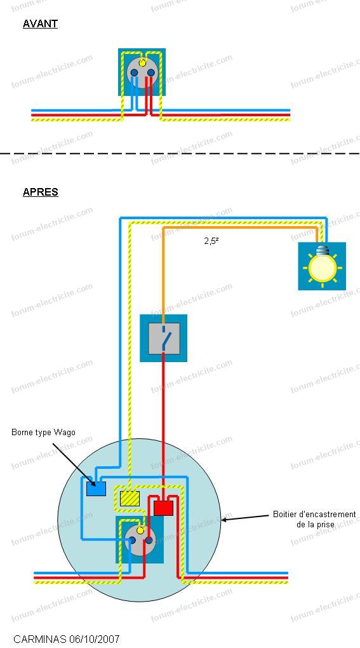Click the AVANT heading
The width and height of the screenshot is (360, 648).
(40, 24)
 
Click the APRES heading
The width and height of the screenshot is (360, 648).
(41, 192)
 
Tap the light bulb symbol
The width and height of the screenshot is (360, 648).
(323, 266)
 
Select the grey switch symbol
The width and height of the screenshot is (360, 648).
(163, 339)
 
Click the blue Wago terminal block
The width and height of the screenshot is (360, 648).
(96, 489)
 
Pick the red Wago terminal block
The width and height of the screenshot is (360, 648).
(163, 508)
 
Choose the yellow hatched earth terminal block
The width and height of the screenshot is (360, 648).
(130, 499)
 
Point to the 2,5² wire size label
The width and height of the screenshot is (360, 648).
(211, 241)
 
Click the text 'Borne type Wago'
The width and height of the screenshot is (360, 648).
(43, 433)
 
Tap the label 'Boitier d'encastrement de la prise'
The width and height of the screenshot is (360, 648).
(314, 519)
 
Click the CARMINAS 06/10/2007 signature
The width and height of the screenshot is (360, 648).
(67, 639)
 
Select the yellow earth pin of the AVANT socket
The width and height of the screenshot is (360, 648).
(142, 63)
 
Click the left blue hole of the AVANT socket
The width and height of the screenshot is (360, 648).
(134, 72)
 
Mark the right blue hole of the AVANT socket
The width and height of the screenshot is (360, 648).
(150, 72)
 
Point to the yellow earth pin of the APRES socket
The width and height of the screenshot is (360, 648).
(140, 530)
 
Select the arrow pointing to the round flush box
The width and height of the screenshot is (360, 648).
(246, 517)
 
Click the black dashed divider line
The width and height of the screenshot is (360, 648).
(180, 154)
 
